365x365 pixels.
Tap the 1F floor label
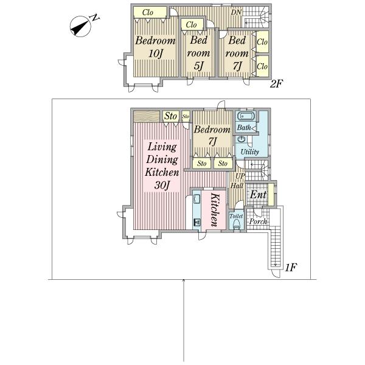click(x=291, y=266)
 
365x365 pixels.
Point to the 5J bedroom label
click(x=198, y=65)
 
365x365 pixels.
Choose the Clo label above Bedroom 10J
click(x=147, y=12)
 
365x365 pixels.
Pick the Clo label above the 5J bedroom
click(x=192, y=24)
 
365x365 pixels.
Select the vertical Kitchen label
click(x=214, y=209)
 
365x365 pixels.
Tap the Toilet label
click(x=236, y=216)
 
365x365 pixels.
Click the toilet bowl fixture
click(x=236, y=225)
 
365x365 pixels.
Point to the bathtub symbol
click(x=246, y=116)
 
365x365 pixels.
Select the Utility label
click(x=249, y=151)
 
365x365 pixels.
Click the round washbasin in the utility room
click(x=241, y=139)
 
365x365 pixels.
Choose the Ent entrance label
click(x=258, y=195)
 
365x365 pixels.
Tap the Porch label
click(x=258, y=221)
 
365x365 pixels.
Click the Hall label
click(x=237, y=186)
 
